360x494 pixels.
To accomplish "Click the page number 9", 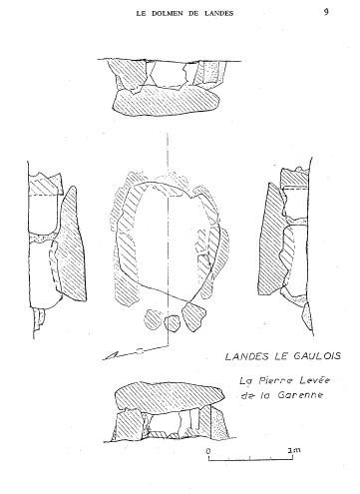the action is pyautogui.click(x=326, y=12).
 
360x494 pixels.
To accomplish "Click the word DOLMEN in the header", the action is pyautogui.click(x=164, y=14).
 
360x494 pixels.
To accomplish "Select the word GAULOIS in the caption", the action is pyautogui.click(x=317, y=356).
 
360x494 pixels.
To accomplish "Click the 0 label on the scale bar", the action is pyautogui.click(x=208, y=451).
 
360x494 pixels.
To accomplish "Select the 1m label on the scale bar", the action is pyautogui.click(x=294, y=450).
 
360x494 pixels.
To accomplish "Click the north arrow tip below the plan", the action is pyautogui.click(x=104, y=359).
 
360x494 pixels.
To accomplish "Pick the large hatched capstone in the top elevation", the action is pyautogui.click(x=166, y=100).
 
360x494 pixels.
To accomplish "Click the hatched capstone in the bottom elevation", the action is pyautogui.click(x=170, y=396).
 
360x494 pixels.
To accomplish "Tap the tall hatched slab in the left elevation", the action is pyautogui.click(x=71, y=245).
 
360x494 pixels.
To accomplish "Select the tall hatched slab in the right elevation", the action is pyautogui.click(x=272, y=240).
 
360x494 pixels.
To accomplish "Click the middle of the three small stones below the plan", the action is pyautogui.click(x=173, y=323).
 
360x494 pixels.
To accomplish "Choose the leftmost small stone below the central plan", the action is pyautogui.click(x=153, y=319).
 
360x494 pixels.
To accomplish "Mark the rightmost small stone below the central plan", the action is pyautogui.click(x=193, y=316).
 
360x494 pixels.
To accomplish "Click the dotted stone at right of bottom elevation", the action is pyautogui.click(x=220, y=423).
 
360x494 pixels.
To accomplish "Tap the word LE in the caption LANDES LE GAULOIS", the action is pyautogui.click(x=280, y=356).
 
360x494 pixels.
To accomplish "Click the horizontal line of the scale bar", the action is pyautogui.click(x=250, y=460).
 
